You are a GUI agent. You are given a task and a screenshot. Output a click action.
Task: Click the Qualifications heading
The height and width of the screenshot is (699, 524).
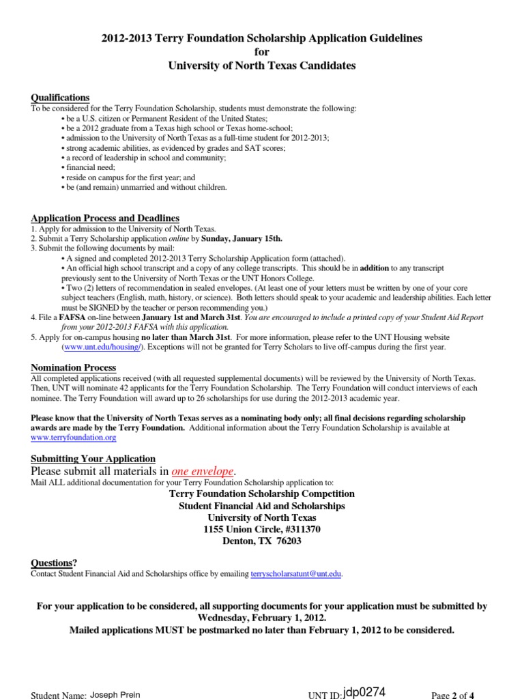tap(60, 98)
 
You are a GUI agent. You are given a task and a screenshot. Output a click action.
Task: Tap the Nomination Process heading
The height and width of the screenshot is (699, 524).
tap(74, 368)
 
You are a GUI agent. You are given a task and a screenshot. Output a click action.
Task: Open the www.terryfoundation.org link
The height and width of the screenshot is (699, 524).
tap(74, 437)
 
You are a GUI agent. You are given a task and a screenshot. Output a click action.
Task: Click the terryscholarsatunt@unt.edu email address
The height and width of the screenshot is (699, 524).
tap(296, 575)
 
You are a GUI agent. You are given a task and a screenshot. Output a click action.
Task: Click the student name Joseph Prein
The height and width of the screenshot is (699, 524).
tap(115, 695)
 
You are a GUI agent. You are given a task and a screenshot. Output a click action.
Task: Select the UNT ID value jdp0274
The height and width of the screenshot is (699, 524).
tap(360, 692)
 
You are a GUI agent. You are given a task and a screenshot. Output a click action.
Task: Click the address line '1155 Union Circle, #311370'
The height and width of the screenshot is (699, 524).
tap(262, 530)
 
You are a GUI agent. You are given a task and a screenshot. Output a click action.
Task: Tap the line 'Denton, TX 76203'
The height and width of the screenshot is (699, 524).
tap(262, 541)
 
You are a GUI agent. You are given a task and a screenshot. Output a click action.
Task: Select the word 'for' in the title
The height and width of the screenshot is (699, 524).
tap(262, 52)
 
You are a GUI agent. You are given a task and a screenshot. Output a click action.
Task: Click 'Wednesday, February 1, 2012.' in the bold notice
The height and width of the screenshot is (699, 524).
tap(262, 618)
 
